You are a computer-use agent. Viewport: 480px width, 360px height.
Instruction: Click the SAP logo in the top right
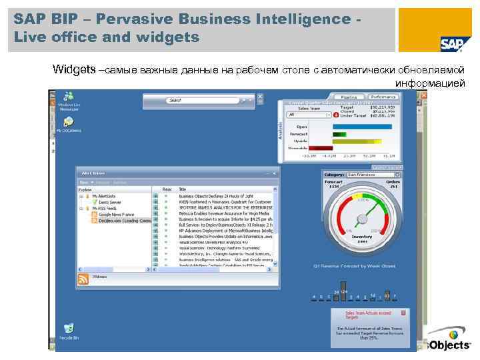coord(451,43)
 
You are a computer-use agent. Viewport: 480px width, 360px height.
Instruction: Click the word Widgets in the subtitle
coord(74,69)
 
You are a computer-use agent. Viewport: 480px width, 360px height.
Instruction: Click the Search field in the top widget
coord(200,100)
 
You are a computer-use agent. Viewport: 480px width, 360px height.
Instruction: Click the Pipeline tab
coord(349,97)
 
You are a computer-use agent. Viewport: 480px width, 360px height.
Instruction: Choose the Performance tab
coord(385,97)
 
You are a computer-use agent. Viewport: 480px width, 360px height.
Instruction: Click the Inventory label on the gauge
coord(362,237)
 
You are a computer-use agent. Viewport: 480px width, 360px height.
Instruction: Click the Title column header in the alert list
coord(183,189)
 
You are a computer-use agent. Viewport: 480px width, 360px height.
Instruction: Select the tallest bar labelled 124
coord(344,292)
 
